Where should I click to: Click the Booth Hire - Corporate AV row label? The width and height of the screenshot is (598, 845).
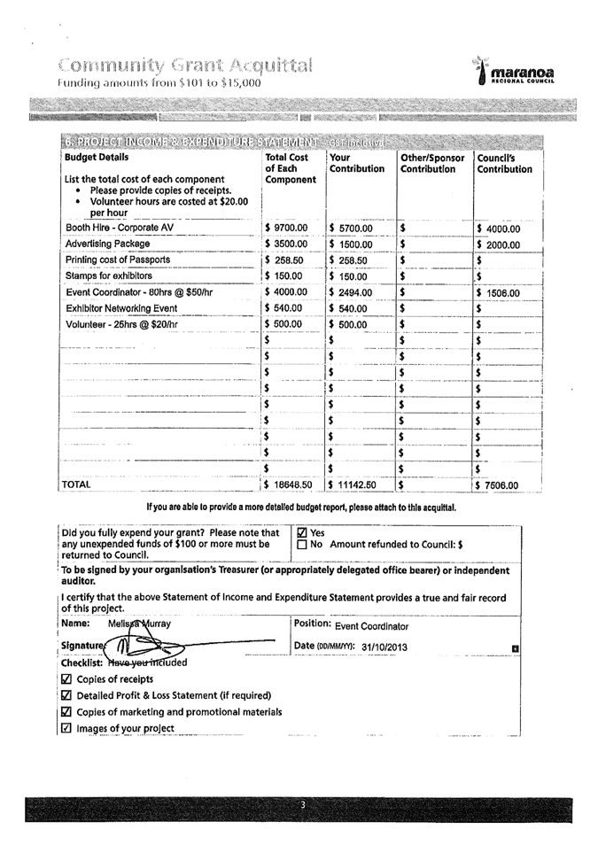point(120,228)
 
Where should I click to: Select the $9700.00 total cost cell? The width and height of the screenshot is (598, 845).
point(289,228)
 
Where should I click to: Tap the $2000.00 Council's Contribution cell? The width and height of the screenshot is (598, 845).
point(501,244)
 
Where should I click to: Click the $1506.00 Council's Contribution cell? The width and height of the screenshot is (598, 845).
point(501,293)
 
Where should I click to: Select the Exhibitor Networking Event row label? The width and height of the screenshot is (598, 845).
point(122,308)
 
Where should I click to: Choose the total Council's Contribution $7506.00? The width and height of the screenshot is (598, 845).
point(501,485)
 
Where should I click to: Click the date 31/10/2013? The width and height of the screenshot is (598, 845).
point(384,647)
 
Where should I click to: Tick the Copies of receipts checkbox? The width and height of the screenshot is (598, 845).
point(66,679)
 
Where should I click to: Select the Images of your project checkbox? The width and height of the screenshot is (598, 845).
point(66,729)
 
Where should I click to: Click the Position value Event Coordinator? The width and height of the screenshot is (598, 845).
point(372,626)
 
